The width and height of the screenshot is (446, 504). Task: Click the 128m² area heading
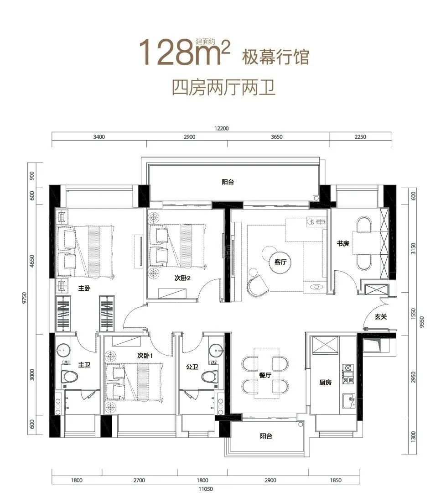click(184, 52)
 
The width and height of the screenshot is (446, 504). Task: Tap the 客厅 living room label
click(280, 262)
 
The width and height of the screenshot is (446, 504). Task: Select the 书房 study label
click(342, 243)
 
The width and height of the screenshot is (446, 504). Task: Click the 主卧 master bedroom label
click(84, 289)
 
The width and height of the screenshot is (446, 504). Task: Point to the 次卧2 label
click(182, 278)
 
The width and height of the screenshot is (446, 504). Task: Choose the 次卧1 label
click(145, 356)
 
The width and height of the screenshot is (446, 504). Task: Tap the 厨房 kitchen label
click(325, 382)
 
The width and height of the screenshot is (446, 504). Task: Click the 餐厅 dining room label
click(265, 375)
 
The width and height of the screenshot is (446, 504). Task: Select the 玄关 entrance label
click(380, 317)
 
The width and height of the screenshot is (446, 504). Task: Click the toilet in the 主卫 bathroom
click(69, 376)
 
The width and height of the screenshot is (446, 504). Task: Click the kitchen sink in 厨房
click(349, 401)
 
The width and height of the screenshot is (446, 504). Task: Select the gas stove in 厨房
click(348, 374)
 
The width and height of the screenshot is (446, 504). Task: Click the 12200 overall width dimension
click(222, 128)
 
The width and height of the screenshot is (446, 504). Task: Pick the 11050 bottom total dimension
click(206, 489)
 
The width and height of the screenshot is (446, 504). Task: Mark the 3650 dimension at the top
click(276, 137)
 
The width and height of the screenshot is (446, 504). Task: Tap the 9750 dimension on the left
click(25, 298)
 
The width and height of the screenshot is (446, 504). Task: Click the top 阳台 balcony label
click(228, 182)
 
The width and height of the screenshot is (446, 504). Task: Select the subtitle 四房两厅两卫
click(224, 87)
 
